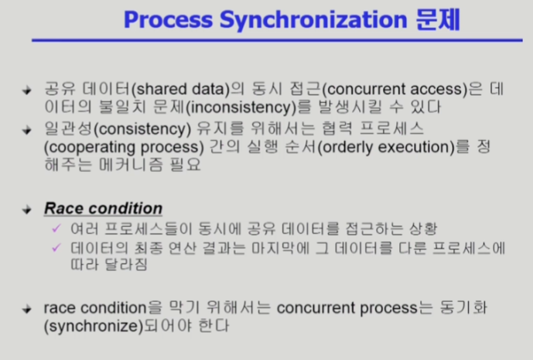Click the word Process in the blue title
point(169,19)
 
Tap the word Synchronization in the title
point(313,20)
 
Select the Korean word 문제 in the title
point(438,19)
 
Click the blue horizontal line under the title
point(277,40)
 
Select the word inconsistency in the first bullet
point(243,108)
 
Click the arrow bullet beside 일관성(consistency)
point(26,130)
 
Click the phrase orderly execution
point(388,147)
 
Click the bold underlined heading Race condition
point(104,208)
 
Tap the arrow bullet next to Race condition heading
point(26,209)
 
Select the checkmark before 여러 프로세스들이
point(56,228)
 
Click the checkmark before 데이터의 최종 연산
point(56,248)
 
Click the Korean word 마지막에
point(281,248)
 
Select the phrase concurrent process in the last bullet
point(347,308)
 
